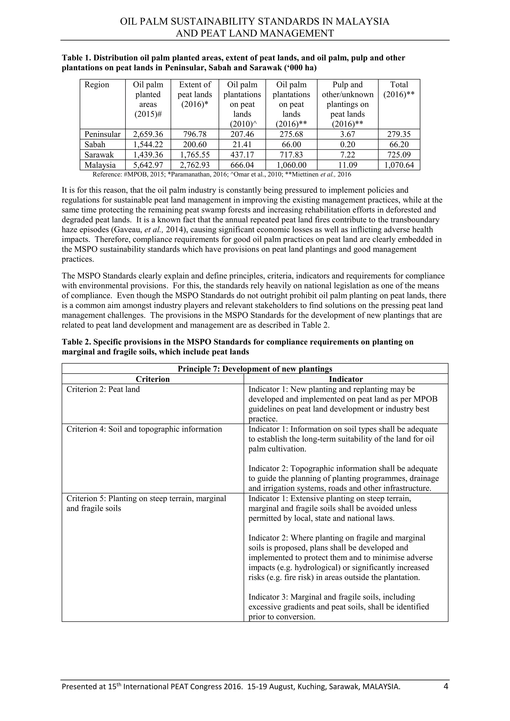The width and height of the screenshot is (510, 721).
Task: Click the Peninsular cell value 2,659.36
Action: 148,134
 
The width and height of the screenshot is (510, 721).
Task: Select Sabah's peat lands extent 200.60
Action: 195,145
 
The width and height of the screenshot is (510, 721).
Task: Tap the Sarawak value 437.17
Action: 242,155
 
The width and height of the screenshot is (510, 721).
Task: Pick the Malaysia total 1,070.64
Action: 399,165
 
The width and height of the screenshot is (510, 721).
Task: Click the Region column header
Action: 97,85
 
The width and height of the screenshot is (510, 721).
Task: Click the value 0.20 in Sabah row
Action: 347,145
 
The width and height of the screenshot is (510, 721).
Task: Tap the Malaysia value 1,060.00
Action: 291,165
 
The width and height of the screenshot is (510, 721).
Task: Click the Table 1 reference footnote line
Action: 222,175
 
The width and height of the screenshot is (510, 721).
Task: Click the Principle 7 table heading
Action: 255,369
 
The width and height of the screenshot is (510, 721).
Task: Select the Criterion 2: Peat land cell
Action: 103,389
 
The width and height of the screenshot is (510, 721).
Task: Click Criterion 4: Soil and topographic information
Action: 144,429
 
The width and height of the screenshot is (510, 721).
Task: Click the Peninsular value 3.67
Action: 347,134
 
